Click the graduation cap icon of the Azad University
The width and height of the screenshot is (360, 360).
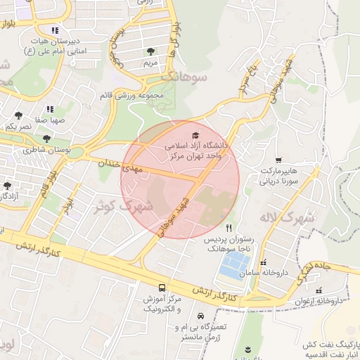coord(195,135)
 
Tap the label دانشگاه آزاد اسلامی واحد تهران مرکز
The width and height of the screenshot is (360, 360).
coord(193,150)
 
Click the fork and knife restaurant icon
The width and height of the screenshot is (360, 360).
coord(229,229)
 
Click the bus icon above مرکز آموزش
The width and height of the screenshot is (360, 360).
coord(162,288)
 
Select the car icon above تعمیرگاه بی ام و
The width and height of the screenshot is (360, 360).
coord(202,316)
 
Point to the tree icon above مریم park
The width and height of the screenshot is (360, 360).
coord(151,51)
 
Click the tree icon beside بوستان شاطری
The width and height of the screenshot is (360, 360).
coord(46,139)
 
